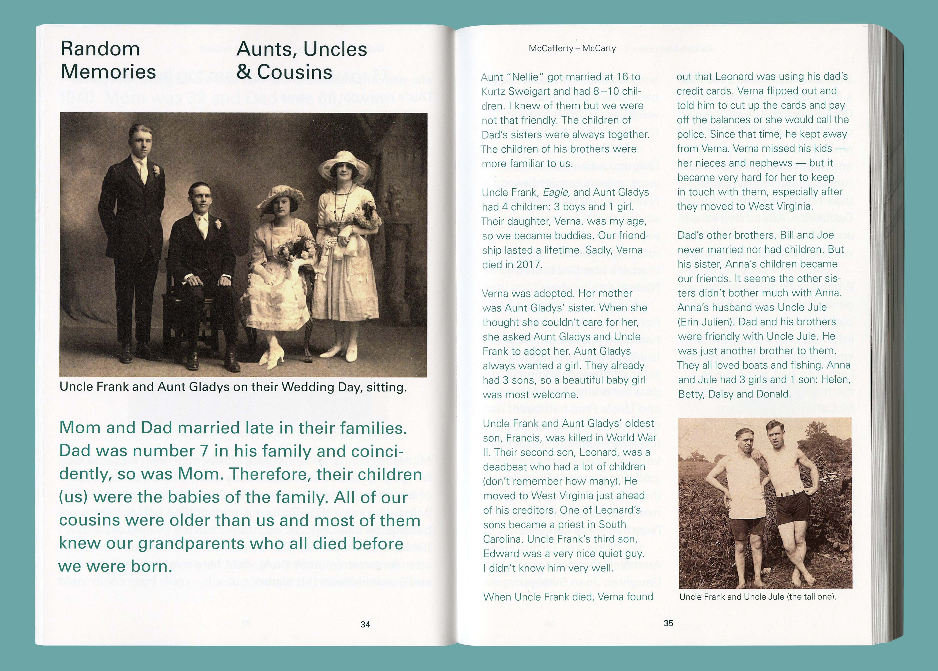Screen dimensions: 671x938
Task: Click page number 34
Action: [365, 624]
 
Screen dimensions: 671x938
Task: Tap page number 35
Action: [669, 623]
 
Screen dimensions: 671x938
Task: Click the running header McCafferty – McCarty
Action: [572, 48]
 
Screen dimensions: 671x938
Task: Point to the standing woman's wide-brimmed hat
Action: [344, 164]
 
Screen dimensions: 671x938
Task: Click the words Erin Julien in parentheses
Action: [706, 322]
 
